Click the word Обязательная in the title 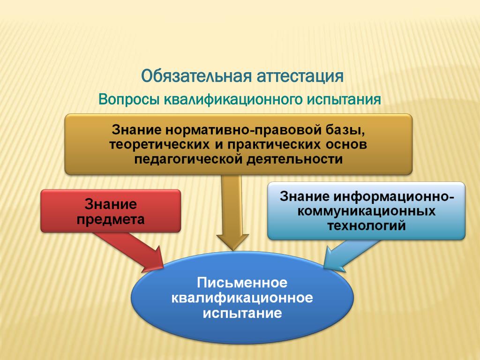[197, 76]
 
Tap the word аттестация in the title [300, 76]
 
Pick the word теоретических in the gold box [159, 144]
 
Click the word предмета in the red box [111, 219]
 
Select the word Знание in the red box [111, 204]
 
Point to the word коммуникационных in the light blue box [367, 211]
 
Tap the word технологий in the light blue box [367, 226]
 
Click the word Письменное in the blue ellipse [242, 283]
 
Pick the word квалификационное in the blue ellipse [242, 298]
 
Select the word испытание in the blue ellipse [242, 313]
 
